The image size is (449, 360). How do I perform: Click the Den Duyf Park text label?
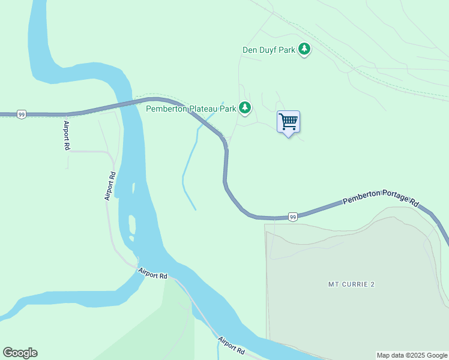[268, 50]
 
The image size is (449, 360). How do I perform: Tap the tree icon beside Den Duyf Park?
[305, 49]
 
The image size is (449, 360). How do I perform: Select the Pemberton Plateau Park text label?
[191, 109]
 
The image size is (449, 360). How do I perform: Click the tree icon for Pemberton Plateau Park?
[245, 108]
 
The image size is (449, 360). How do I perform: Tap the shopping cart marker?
[288, 122]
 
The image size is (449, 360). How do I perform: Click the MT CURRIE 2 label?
[351, 284]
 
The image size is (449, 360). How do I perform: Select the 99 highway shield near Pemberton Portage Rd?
[292, 217]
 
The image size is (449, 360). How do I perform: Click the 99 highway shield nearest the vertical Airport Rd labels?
[21, 114]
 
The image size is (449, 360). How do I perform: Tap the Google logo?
[20, 353]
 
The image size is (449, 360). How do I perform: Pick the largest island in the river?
[131, 226]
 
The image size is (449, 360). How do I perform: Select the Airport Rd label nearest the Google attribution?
[232, 344]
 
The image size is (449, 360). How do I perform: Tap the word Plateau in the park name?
[203, 109]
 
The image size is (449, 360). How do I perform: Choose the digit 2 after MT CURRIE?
[372, 284]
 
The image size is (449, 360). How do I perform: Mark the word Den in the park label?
[249, 50]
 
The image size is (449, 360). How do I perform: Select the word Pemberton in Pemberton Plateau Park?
[166, 109]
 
